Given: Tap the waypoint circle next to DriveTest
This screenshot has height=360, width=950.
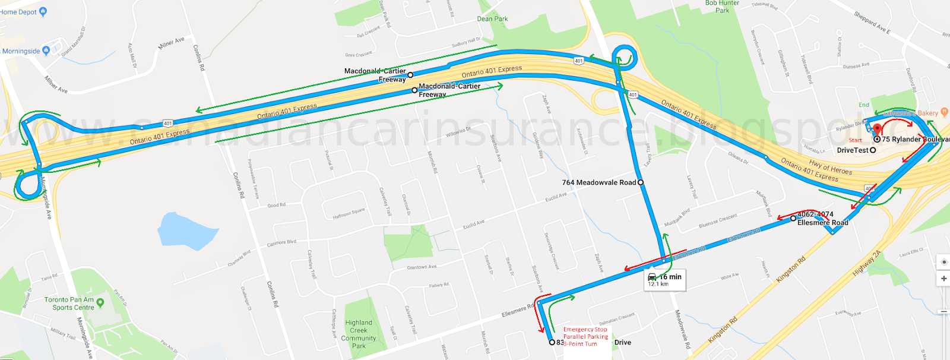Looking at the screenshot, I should coord(873,150).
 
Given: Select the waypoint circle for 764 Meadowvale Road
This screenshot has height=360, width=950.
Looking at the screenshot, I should coord(641,182).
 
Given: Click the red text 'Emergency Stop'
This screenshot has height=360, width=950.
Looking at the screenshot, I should coord(585,329).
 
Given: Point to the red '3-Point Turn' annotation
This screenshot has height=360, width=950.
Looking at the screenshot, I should coord(581,344).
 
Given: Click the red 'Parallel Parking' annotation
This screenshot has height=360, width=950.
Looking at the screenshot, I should coord(585,336).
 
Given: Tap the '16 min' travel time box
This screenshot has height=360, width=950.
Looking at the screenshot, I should coord(665,280).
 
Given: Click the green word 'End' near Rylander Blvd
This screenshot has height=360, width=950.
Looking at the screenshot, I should coord(864,105).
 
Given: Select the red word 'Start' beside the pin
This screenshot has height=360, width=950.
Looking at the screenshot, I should coord(855,140).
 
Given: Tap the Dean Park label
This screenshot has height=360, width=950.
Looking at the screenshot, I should coord(492,19).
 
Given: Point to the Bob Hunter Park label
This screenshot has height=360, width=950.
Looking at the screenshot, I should coord(722,7).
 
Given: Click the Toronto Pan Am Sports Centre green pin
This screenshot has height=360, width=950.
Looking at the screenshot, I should coord(100,303).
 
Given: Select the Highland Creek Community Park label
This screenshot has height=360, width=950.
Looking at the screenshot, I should coord(359,334).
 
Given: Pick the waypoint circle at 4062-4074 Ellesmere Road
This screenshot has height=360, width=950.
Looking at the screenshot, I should coord(793,219).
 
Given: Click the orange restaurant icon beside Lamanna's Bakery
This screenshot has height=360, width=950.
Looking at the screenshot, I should coord(944,112).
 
